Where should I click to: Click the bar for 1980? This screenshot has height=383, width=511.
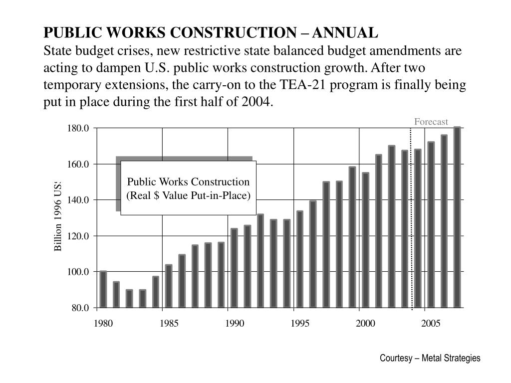pos(103,289)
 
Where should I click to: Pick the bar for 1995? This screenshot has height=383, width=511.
pos(300,259)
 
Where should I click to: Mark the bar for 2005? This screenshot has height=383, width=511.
pos(431,224)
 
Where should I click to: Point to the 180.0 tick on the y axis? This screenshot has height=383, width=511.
pos(78,128)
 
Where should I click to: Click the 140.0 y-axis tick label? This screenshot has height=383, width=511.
pos(78,200)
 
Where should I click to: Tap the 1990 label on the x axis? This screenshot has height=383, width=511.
pos(234,324)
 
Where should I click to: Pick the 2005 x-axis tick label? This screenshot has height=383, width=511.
pos(431,324)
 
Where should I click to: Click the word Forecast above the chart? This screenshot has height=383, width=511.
pos(431,122)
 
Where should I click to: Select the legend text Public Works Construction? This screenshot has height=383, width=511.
pos(188,182)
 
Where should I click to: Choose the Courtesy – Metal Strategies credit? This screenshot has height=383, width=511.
pos(430,358)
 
